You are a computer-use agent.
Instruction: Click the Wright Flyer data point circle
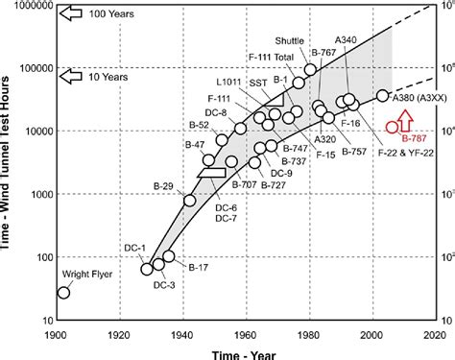64,292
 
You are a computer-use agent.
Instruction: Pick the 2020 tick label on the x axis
435,337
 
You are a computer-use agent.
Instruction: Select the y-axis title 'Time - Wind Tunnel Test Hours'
9,163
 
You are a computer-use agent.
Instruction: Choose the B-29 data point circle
189,202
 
